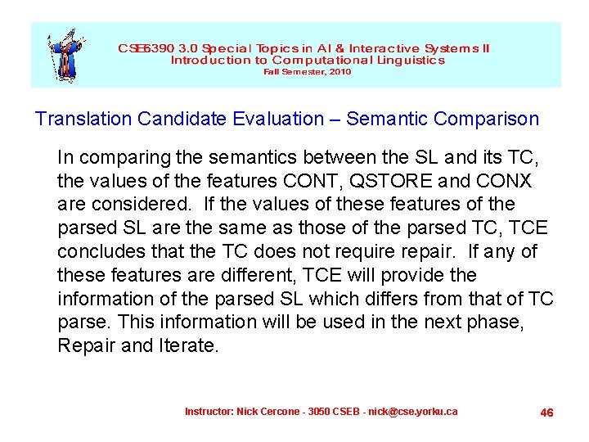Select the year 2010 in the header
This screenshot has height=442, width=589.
[x=339, y=72]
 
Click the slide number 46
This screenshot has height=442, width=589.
[x=547, y=413]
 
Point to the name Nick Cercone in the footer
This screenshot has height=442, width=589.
[x=269, y=411]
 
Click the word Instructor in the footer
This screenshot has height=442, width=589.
[x=209, y=411]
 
